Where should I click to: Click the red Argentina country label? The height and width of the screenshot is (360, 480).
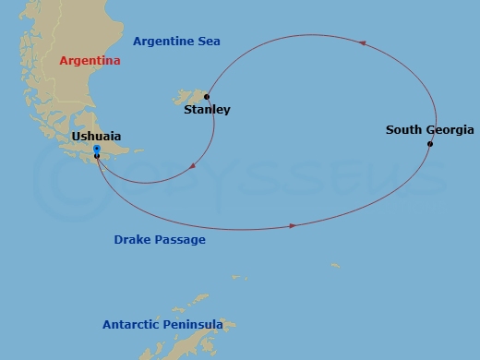click(90, 61)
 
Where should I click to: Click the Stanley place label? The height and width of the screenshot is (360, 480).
click(207, 110)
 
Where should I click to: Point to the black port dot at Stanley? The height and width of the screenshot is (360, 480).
click(207, 96)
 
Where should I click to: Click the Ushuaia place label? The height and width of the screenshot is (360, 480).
click(96, 137)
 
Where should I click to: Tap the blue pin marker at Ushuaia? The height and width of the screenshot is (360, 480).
click(97, 149)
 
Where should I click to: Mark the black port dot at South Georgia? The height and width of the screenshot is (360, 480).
click(430, 144)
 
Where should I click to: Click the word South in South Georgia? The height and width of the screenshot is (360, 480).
click(403, 130)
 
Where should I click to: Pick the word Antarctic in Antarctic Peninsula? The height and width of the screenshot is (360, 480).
click(132, 325)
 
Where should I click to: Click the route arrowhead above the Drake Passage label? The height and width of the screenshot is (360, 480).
click(294, 225)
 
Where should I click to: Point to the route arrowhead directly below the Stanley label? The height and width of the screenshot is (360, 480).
click(193, 167)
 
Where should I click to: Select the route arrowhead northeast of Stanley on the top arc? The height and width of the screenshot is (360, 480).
click(361, 43)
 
